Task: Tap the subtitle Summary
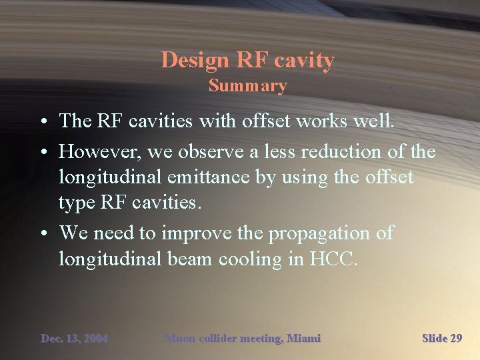247,86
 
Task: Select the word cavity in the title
303,61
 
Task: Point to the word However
101,152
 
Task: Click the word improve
202,233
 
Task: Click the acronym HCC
334,259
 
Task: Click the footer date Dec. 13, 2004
74,339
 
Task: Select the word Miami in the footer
303,339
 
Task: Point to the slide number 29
455,339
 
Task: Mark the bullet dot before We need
42,234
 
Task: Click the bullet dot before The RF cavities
42,121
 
